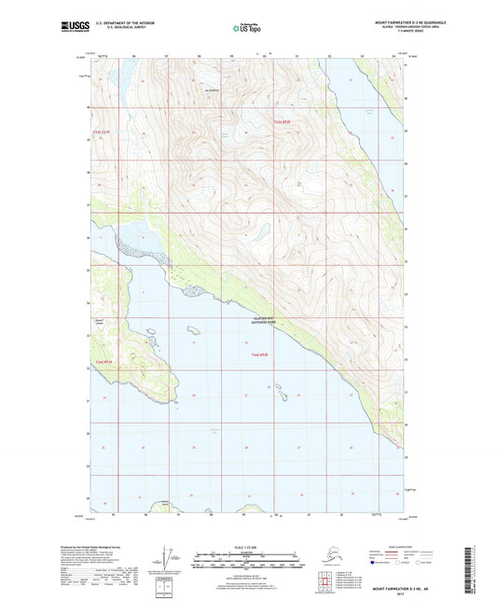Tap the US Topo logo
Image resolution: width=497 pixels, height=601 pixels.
coord(247,28)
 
